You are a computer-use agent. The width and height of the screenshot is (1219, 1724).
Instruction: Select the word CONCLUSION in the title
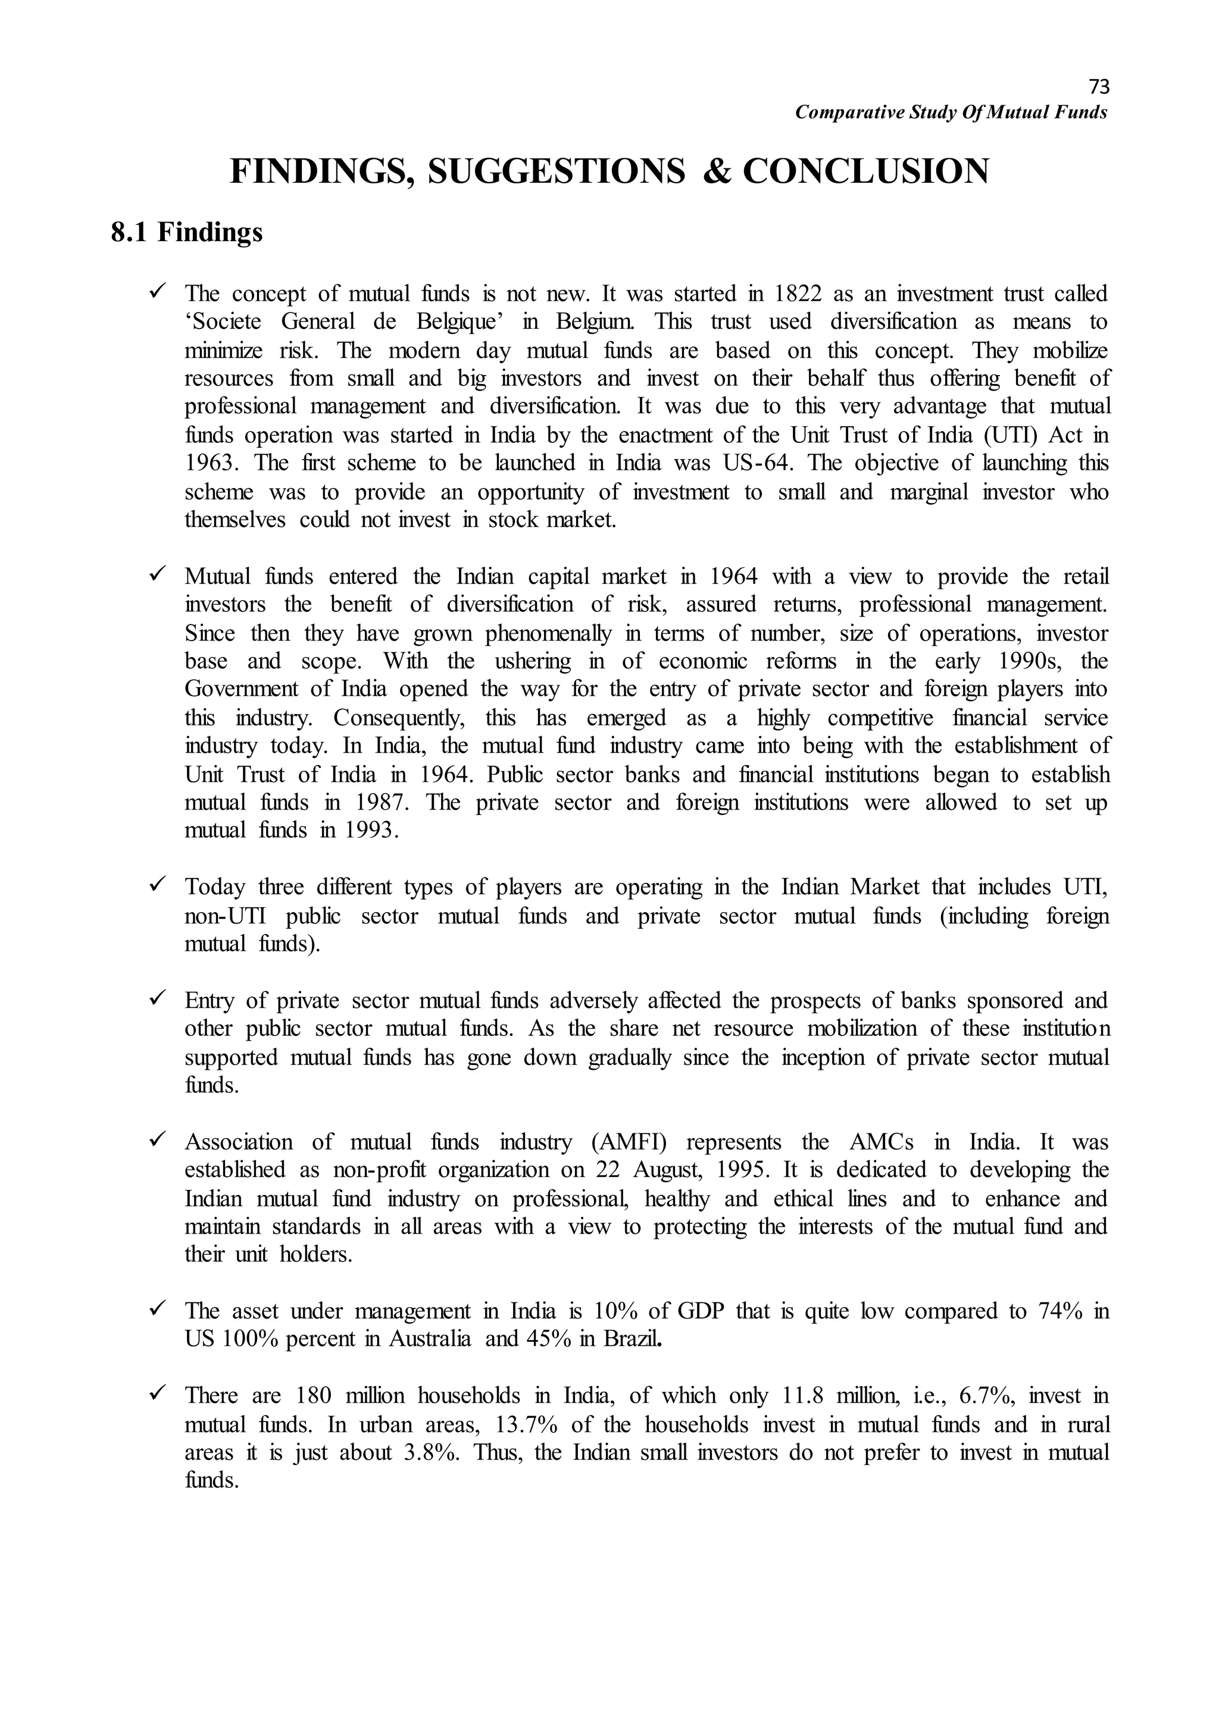click(865, 171)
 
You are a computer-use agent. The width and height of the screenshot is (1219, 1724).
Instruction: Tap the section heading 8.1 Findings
click(187, 233)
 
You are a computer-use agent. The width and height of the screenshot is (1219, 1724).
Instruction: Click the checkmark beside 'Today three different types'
click(158, 887)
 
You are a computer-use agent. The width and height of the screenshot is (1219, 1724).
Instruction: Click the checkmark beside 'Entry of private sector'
click(158, 1000)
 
